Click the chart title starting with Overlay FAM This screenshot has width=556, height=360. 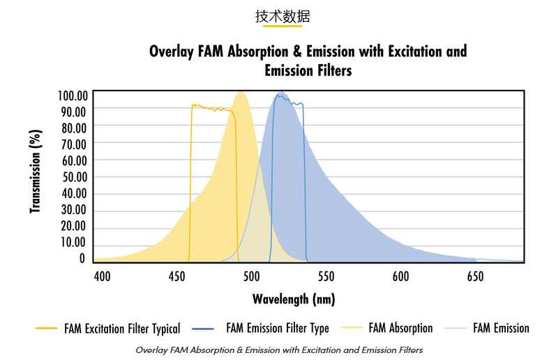pyautogui.click(x=308, y=61)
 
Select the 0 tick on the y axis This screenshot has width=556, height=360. pyautogui.click(x=82, y=258)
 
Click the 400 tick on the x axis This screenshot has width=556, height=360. pyautogui.click(x=102, y=276)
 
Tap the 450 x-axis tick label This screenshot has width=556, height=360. pyautogui.click(x=176, y=276)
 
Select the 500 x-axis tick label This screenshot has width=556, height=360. pyautogui.click(x=251, y=276)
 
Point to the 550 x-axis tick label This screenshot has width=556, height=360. pyautogui.click(x=326, y=276)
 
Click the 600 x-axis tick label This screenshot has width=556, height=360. pyautogui.click(x=400, y=276)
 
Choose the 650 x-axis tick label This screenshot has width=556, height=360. pyautogui.click(x=475, y=276)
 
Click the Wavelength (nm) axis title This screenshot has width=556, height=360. pyautogui.click(x=294, y=299)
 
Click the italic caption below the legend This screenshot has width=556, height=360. pyautogui.click(x=279, y=350)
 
